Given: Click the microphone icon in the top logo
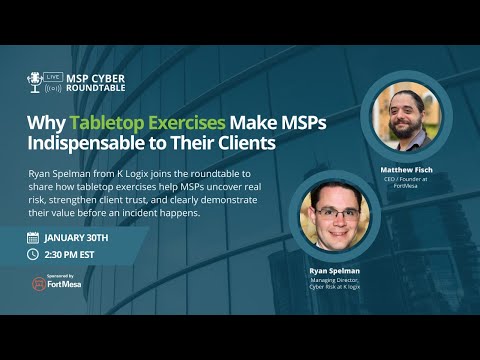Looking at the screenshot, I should (x=36, y=82).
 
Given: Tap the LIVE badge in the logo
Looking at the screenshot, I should (x=54, y=76).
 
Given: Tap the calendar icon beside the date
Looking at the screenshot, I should (x=33, y=238).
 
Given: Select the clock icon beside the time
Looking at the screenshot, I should (x=33, y=255).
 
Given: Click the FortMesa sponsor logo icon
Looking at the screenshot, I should (x=39, y=283).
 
